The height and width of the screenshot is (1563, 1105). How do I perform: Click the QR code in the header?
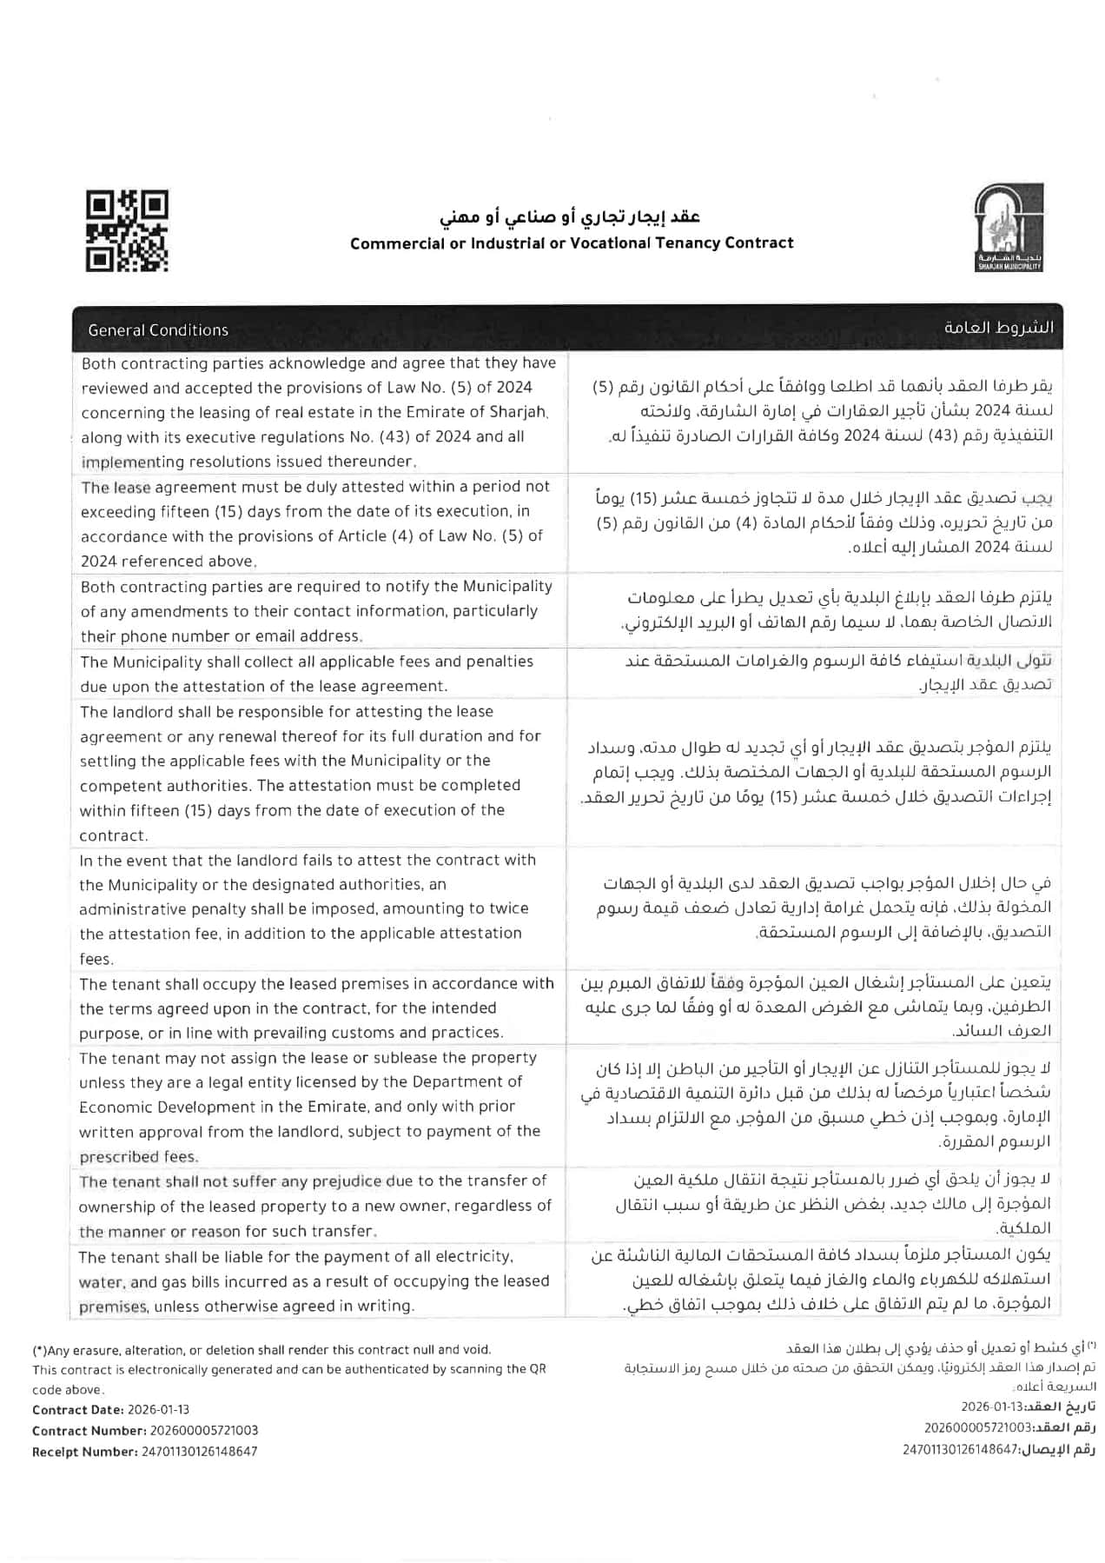pyautogui.click(x=127, y=231)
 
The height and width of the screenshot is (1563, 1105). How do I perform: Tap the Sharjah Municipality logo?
pyautogui.click(x=1009, y=228)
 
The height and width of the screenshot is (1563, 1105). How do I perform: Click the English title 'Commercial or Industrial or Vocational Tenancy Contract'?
pyautogui.click(x=572, y=243)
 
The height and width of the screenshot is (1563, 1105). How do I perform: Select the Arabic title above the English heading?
pyautogui.click(x=570, y=216)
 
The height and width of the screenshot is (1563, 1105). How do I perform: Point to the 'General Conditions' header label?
pyautogui.click(x=158, y=330)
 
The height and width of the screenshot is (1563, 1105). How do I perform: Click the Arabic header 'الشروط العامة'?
pyautogui.click(x=999, y=328)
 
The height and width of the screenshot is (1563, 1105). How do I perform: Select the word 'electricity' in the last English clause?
pyautogui.click(x=470, y=1257)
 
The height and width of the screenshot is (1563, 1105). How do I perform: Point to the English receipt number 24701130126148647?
pyautogui.click(x=199, y=1452)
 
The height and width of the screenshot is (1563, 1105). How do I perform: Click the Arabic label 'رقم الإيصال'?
pyautogui.click(x=1057, y=1449)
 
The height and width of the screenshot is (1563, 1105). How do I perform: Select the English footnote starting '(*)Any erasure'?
pyautogui.click(x=261, y=1350)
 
